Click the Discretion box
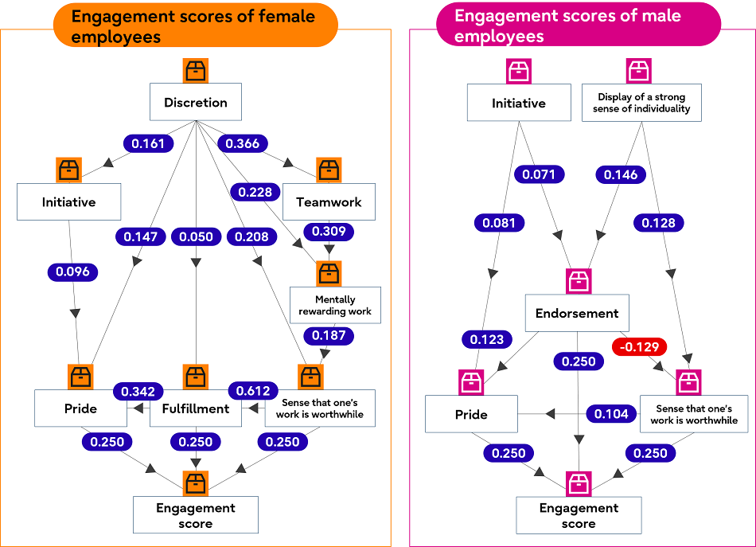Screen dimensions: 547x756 (195, 103)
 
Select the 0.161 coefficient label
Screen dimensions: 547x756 (148, 144)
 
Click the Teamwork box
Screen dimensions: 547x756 (329, 202)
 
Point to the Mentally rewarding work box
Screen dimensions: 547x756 (335, 305)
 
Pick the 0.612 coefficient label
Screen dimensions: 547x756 (252, 391)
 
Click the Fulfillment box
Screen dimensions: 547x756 (195, 409)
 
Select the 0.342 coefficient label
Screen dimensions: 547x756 (138, 391)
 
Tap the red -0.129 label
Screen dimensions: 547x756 (638, 346)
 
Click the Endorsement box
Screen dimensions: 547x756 (577, 313)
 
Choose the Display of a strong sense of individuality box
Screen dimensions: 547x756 (641, 103)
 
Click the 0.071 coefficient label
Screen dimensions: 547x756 (539, 174)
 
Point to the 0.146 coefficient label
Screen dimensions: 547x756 (621, 174)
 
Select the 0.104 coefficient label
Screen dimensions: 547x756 (612, 413)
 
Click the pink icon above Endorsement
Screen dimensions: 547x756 (578, 280)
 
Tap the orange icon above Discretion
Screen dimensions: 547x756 (195, 70)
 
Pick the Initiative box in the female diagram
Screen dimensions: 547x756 (68, 202)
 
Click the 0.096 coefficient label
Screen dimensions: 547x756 (72, 272)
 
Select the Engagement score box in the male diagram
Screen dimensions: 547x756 (579, 515)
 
